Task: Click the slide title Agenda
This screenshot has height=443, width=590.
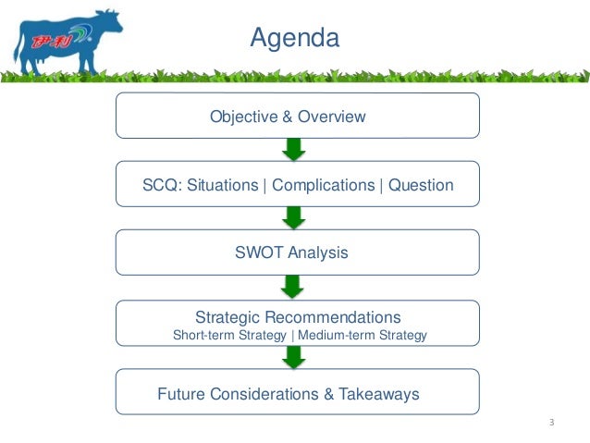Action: click(295, 38)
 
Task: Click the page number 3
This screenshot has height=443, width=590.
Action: click(551, 424)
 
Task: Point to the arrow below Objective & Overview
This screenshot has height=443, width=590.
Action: click(294, 149)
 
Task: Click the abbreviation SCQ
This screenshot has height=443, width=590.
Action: click(160, 185)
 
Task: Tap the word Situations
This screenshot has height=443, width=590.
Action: click(223, 185)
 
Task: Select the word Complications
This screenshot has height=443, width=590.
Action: click(323, 185)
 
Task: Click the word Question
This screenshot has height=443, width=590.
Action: click(421, 185)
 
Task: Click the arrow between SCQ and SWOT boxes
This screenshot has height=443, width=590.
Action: click(294, 217)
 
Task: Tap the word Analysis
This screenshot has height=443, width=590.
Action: click(317, 252)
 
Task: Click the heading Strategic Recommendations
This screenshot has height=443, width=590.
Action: click(298, 316)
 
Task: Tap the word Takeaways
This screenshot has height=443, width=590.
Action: click(376, 394)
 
